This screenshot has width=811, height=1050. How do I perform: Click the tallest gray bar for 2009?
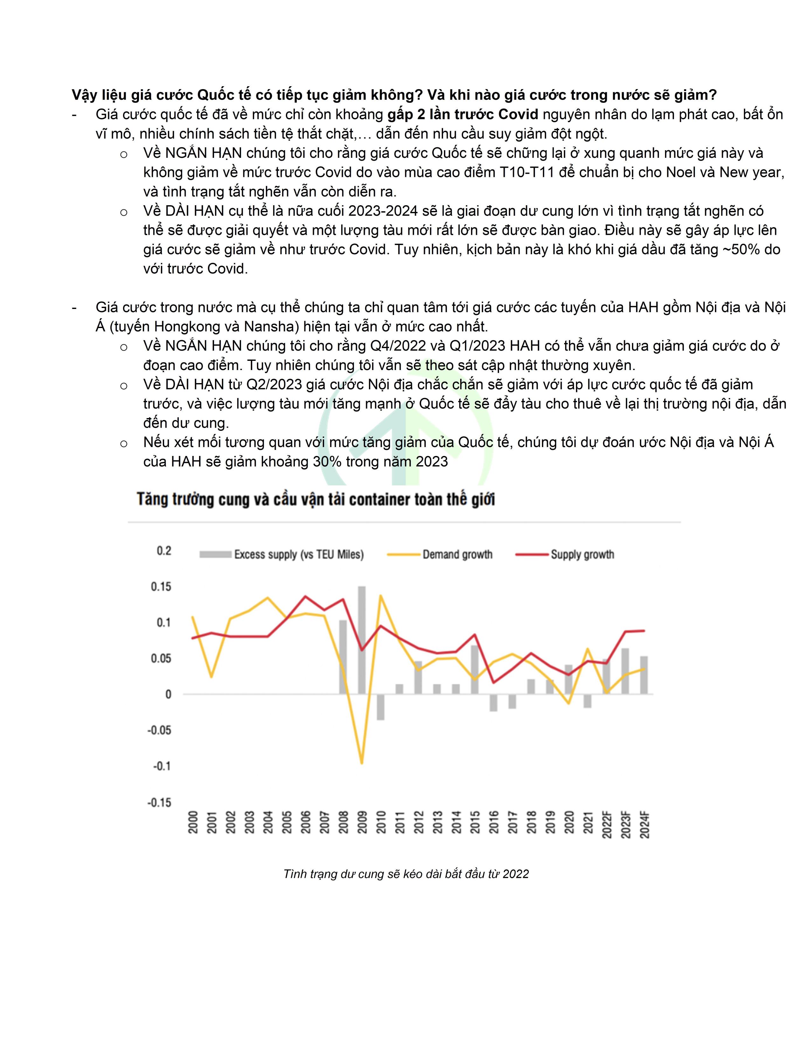click(x=362, y=640)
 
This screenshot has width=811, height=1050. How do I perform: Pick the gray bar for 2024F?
click(x=644, y=675)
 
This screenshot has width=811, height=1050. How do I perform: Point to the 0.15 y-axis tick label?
click(x=161, y=586)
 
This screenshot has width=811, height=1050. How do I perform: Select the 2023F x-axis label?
click(x=626, y=825)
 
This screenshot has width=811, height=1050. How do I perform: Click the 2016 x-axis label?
click(x=493, y=823)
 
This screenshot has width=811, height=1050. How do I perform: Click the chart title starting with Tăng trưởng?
click(x=316, y=500)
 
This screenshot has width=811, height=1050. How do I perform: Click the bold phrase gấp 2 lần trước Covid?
click(x=463, y=115)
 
